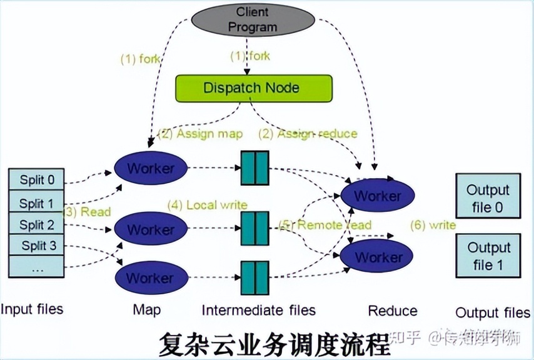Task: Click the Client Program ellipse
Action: pos(252,20)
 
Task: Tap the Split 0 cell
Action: pos(37,180)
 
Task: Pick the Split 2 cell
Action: pos(37,225)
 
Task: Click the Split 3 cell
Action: pos(37,246)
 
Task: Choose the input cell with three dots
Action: pos(37,267)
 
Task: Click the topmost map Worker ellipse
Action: pos(151,167)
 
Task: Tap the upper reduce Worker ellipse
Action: pos(378,196)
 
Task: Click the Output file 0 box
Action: pos(488,197)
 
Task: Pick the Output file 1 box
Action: pos(488,256)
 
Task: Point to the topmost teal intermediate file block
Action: pos(254,167)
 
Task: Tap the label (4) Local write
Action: pos(207,205)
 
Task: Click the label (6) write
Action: pos(432,224)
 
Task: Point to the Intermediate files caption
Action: pos(258,310)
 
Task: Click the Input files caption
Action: pos(32,309)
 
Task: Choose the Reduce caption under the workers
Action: pos(392,311)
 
